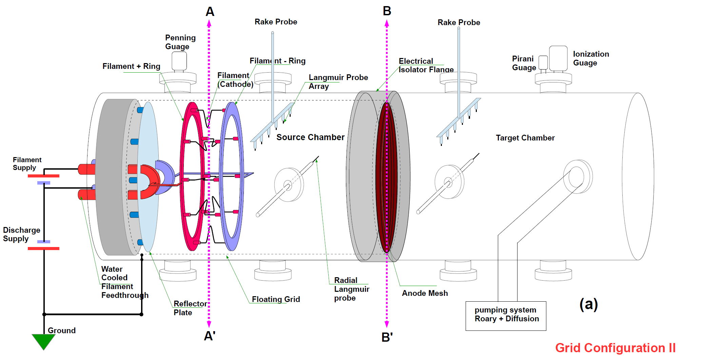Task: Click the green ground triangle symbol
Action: click(43, 341)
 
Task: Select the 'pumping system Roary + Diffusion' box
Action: click(506, 316)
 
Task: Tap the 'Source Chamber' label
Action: click(310, 137)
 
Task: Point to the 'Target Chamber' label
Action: click(525, 138)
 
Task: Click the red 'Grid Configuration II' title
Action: click(615, 348)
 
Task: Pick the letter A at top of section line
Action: click(210, 12)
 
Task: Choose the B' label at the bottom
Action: click(387, 337)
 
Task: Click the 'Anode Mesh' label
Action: click(425, 293)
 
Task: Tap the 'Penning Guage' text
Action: click(180, 42)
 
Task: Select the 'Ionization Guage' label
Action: click(591, 58)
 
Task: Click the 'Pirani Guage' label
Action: click(524, 63)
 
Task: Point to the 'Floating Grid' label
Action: click(276, 299)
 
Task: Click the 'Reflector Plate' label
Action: click(190, 308)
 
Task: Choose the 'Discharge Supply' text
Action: click(21, 234)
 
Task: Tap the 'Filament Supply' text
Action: click(27, 164)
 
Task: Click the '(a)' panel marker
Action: click(588, 304)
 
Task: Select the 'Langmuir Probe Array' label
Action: click(338, 82)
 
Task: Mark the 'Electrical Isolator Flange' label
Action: click(426, 65)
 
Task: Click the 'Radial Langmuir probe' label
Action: click(351, 289)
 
